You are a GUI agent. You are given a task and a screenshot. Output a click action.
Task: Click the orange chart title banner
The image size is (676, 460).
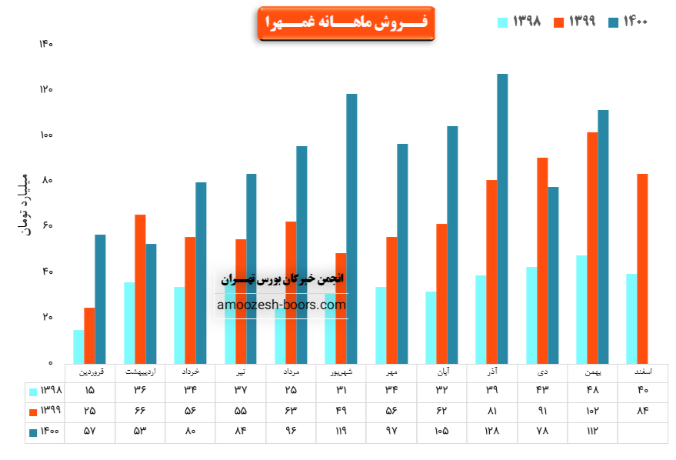(x=346, y=24)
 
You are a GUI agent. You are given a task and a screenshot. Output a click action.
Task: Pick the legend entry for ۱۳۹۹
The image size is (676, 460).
(x=574, y=22)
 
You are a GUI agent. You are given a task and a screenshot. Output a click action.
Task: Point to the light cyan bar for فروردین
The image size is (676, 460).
(x=78, y=346)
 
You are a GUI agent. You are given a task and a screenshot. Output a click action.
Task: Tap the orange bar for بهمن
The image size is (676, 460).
(x=592, y=247)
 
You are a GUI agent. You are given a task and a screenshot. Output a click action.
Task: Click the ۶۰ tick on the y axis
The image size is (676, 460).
(x=47, y=226)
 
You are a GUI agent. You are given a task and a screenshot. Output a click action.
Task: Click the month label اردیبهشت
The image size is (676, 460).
(x=140, y=372)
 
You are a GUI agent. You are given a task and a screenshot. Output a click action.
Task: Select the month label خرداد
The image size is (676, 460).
(x=191, y=372)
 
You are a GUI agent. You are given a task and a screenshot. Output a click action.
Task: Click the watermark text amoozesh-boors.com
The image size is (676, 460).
(x=281, y=305)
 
